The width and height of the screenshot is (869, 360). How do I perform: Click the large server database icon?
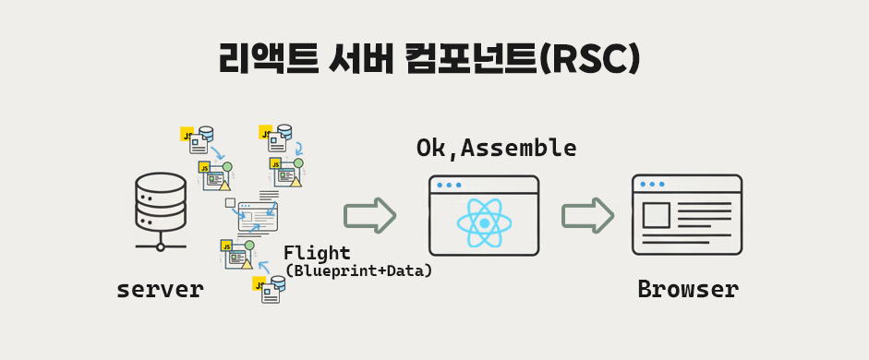pos(160,212)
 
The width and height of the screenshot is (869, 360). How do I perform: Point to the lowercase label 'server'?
pos(160,289)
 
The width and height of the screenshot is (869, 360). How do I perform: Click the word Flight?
pos(317,253)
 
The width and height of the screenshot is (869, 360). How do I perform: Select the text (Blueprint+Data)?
pos(358,270)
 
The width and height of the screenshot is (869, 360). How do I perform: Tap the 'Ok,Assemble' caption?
pos(496,148)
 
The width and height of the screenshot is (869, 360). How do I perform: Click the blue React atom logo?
pos(485,223)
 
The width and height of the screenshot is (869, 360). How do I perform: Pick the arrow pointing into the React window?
pos(369,214)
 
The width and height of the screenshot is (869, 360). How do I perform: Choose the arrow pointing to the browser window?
pos(587,214)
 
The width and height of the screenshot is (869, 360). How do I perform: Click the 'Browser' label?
pos(688,289)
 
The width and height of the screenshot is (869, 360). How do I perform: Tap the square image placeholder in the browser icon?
pos(657,215)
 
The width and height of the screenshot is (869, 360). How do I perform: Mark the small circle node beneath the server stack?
pos(160,247)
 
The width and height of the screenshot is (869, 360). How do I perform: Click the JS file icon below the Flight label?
pos(269,289)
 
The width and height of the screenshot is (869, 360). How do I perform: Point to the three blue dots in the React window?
pos(449,185)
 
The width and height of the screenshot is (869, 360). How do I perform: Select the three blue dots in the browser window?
pos(652,184)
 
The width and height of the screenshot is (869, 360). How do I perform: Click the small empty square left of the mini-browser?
pos(230,203)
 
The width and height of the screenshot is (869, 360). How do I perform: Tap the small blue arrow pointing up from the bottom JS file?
pos(264,267)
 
